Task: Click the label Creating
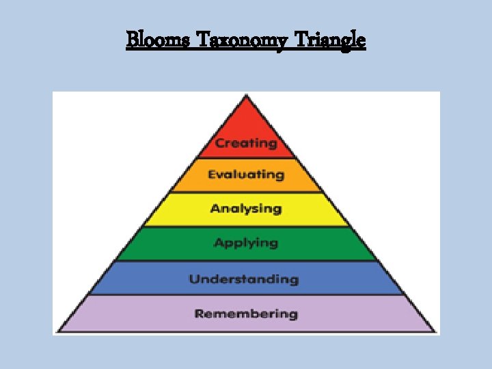pyautogui.click(x=246, y=143)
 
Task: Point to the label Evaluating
pyautogui.click(x=246, y=175)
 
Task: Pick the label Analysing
pyautogui.click(x=246, y=208)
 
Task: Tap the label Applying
pyautogui.click(x=246, y=243)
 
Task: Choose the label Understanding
pyautogui.click(x=244, y=279)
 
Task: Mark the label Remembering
pyautogui.click(x=246, y=314)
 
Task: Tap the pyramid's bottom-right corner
pyautogui.click(x=435, y=332)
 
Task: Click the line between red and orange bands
pyautogui.click(x=247, y=159)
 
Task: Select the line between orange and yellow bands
pyautogui.click(x=247, y=192)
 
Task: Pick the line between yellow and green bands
pyautogui.click(x=247, y=226)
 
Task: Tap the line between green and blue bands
pyautogui.click(x=247, y=260)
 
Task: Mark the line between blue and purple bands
pyautogui.click(x=247, y=295)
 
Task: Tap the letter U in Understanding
pyautogui.click(x=194, y=279)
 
